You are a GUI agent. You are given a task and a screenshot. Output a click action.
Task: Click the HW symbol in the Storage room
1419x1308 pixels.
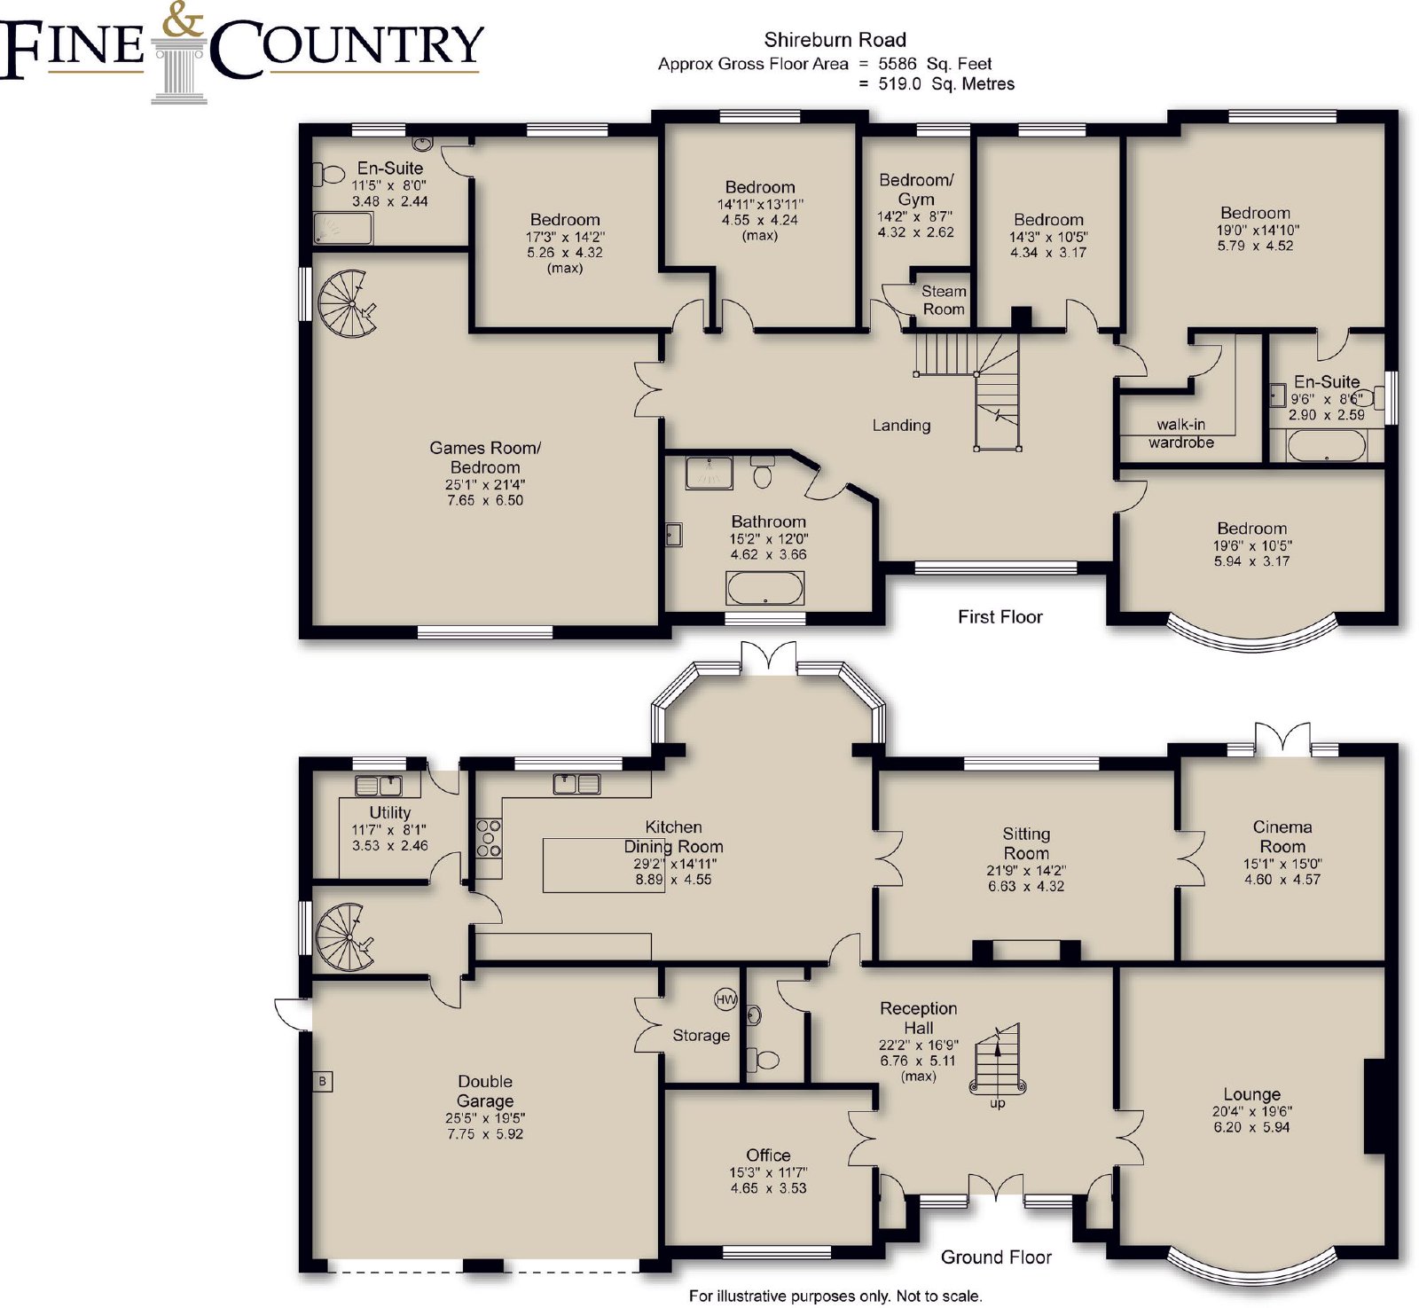tap(725, 999)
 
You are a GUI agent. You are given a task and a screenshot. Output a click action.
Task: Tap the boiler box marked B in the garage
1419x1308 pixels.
tap(323, 1081)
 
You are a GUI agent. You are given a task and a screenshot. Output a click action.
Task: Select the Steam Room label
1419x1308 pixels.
tap(943, 300)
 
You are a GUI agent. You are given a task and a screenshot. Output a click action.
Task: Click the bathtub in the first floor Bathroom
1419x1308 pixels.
tap(765, 588)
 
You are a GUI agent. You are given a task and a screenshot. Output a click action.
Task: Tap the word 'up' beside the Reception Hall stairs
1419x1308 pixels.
tap(998, 1103)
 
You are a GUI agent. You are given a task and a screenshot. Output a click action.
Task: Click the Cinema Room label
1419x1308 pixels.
tap(1282, 836)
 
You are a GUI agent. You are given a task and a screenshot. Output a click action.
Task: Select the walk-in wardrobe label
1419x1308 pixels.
tap(1181, 434)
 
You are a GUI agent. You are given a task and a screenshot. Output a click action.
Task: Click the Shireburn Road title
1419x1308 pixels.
tap(835, 40)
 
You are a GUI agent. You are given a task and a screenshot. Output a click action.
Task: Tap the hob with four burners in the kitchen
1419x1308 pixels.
tap(489, 837)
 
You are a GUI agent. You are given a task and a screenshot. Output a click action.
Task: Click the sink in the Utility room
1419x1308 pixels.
tap(379, 785)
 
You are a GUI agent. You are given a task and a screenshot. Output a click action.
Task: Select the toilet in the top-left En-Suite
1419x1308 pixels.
tap(329, 175)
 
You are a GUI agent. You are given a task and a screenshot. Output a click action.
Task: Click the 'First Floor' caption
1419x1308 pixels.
tap(1000, 617)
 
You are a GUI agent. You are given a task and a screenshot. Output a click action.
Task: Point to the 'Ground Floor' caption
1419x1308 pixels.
tap(996, 1257)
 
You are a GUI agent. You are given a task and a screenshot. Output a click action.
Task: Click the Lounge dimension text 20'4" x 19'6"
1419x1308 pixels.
tap(1252, 1111)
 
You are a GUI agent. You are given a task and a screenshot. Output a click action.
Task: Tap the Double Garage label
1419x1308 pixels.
tap(485, 1091)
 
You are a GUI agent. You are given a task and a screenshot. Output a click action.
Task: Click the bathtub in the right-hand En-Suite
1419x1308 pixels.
tap(1326, 445)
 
